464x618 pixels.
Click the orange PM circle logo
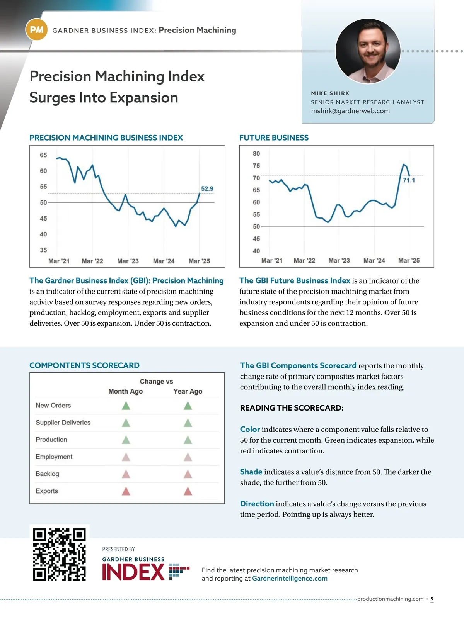36,30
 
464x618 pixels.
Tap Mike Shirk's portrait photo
368,51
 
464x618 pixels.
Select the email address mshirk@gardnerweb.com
350,111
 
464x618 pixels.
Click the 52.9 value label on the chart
207,189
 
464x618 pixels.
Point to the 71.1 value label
409,180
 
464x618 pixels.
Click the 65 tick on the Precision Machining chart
43,155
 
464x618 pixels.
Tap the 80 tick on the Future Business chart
256,154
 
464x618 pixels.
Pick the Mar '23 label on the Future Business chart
339,261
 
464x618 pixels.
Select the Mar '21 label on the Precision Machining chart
59,261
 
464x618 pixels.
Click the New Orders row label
53,406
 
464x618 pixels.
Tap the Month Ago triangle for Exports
126,491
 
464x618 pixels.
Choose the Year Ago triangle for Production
188,440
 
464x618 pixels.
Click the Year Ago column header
188,392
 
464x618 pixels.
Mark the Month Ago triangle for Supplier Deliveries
126,423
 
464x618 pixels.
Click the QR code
60,554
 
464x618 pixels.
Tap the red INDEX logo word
133,572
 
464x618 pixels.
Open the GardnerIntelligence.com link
290,579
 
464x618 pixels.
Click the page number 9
432,599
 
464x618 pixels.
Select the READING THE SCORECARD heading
292,408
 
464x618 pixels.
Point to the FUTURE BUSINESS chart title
274,138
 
